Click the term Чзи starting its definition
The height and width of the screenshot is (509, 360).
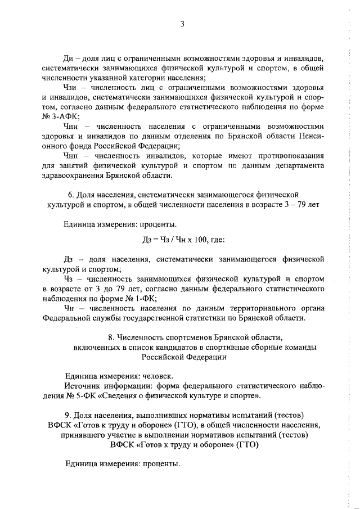tap(72, 88)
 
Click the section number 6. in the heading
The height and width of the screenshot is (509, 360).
tap(71, 195)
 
